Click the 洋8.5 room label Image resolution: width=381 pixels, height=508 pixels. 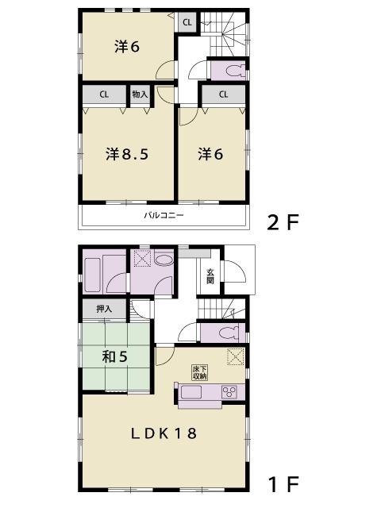(127, 154)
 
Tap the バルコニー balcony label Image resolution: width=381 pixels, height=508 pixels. (164, 215)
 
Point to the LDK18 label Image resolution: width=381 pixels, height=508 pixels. (164, 433)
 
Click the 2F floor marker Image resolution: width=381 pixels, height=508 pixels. (283, 222)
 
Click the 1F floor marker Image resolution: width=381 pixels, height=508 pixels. (283, 482)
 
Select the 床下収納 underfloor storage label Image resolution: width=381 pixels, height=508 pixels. (199, 371)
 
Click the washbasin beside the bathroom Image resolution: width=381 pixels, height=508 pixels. (164, 260)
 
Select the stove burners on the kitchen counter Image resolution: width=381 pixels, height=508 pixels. (230, 391)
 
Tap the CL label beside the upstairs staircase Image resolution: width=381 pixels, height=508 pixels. (187, 22)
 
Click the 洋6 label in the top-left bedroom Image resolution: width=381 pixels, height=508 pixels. (127, 46)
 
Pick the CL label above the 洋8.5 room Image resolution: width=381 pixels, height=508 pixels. (104, 94)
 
